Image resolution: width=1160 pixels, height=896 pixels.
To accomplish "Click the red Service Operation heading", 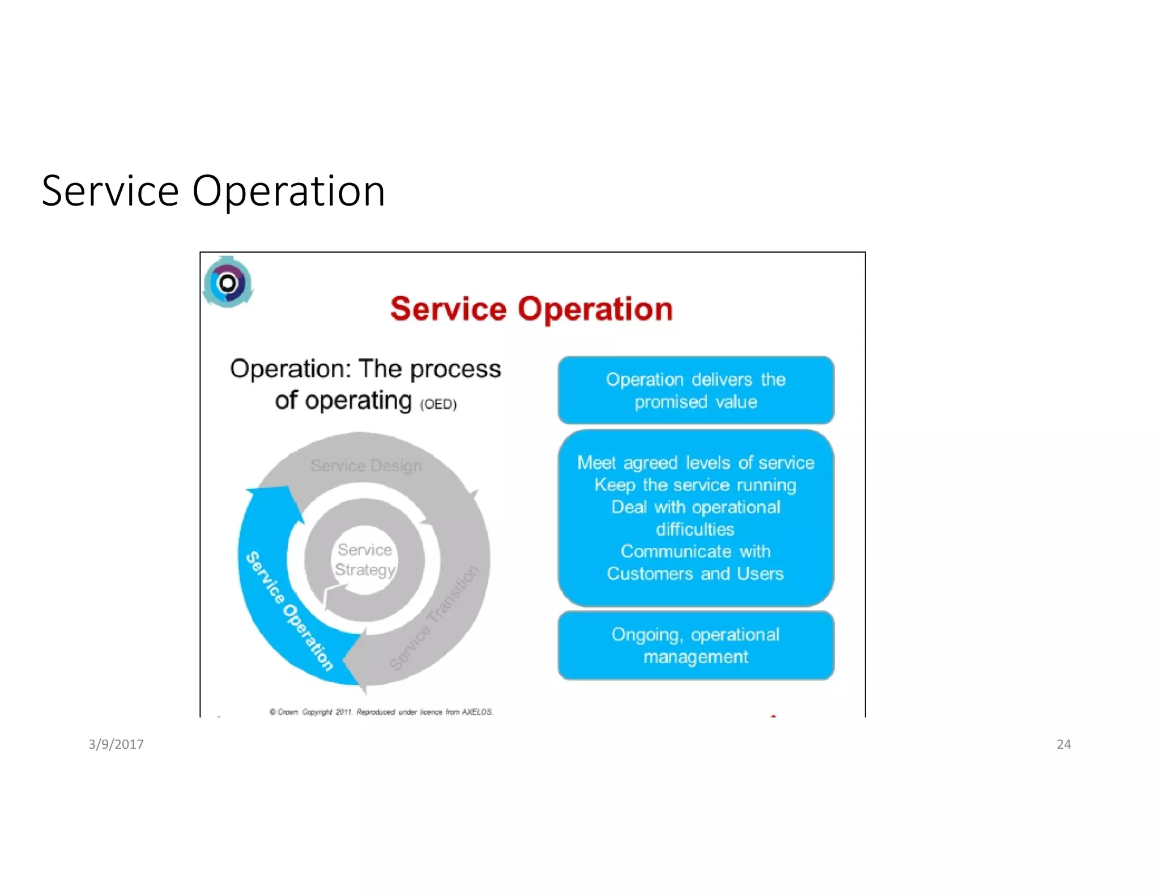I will [531, 309].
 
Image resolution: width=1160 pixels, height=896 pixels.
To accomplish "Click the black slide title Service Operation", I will [214, 191].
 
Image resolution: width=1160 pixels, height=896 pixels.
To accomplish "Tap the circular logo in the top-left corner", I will [228, 283].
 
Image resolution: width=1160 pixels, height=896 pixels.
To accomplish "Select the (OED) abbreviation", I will [438, 404].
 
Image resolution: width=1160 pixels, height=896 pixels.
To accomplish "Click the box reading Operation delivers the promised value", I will [696, 390].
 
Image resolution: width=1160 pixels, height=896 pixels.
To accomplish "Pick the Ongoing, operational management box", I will [696, 646].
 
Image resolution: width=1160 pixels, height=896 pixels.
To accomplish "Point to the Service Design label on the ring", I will [366, 466].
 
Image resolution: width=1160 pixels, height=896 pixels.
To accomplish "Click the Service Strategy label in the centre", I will [365, 560].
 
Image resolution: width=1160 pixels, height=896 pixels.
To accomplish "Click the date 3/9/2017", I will [116, 744].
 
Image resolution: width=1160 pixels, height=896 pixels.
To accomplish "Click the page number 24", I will [1063, 744].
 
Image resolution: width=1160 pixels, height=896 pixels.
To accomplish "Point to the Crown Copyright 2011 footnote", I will [381, 712].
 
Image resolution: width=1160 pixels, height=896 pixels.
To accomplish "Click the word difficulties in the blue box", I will [695, 530].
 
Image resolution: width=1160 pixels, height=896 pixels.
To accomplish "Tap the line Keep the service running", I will [695, 485].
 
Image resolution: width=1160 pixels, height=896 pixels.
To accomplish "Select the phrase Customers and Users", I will [695, 574].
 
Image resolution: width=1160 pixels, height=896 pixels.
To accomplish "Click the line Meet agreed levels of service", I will [695, 463].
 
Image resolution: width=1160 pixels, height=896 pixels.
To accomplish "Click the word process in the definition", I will [455, 369].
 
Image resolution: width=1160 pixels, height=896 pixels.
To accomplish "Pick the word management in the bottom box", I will [696, 657].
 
